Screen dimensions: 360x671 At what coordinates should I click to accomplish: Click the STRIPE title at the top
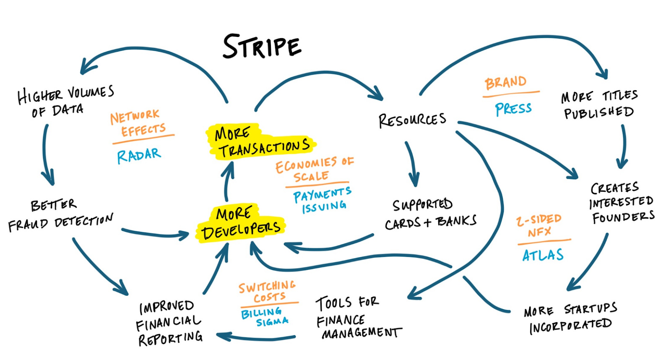pyautogui.click(x=262, y=46)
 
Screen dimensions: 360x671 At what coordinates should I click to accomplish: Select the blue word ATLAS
pyautogui.click(x=543, y=255)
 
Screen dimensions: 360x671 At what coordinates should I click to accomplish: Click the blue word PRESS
pyautogui.click(x=513, y=109)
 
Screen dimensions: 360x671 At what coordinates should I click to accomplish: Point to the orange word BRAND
pyautogui.click(x=505, y=83)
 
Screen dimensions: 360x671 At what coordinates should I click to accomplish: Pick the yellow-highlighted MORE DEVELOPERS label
pyautogui.click(x=241, y=223)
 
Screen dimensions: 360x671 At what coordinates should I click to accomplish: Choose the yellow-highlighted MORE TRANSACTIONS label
pyautogui.click(x=261, y=142)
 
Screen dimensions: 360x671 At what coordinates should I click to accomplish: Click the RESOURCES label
pyautogui.click(x=412, y=120)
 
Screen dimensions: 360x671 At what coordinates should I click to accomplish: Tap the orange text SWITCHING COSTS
pyautogui.click(x=267, y=292)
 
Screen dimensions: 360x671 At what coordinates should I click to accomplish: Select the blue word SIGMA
pyautogui.click(x=272, y=322)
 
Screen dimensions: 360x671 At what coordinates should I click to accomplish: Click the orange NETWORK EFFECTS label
pyautogui.click(x=138, y=123)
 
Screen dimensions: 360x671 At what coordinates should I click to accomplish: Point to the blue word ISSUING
pyautogui.click(x=324, y=207)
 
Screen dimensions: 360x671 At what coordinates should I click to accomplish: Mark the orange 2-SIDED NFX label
pyautogui.click(x=539, y=225)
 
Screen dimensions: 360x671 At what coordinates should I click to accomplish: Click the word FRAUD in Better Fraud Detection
pyautogui.click(x=28, y=224)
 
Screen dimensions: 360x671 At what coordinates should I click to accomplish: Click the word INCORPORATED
pyautogui.click(x=570, y=326)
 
